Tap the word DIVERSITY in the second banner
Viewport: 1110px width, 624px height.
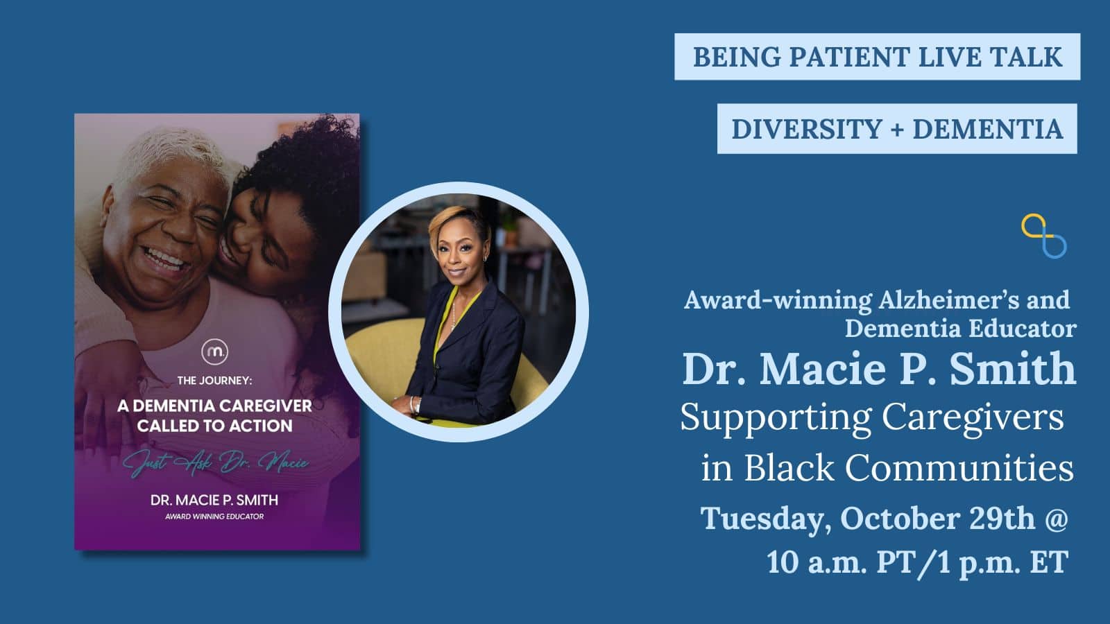pos(806,129)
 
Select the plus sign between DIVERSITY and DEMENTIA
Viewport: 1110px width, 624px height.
pos(897,130)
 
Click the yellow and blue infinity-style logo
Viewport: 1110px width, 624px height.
pos(1043,236)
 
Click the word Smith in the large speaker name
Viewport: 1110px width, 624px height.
pos(1012,369)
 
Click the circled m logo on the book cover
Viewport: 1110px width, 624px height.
pos(214,352)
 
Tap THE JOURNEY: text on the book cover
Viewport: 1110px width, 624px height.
pos(215,381)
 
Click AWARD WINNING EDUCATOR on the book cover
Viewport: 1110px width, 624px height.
pos(214,517)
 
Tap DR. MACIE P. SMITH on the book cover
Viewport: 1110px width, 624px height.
pos(214,500)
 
